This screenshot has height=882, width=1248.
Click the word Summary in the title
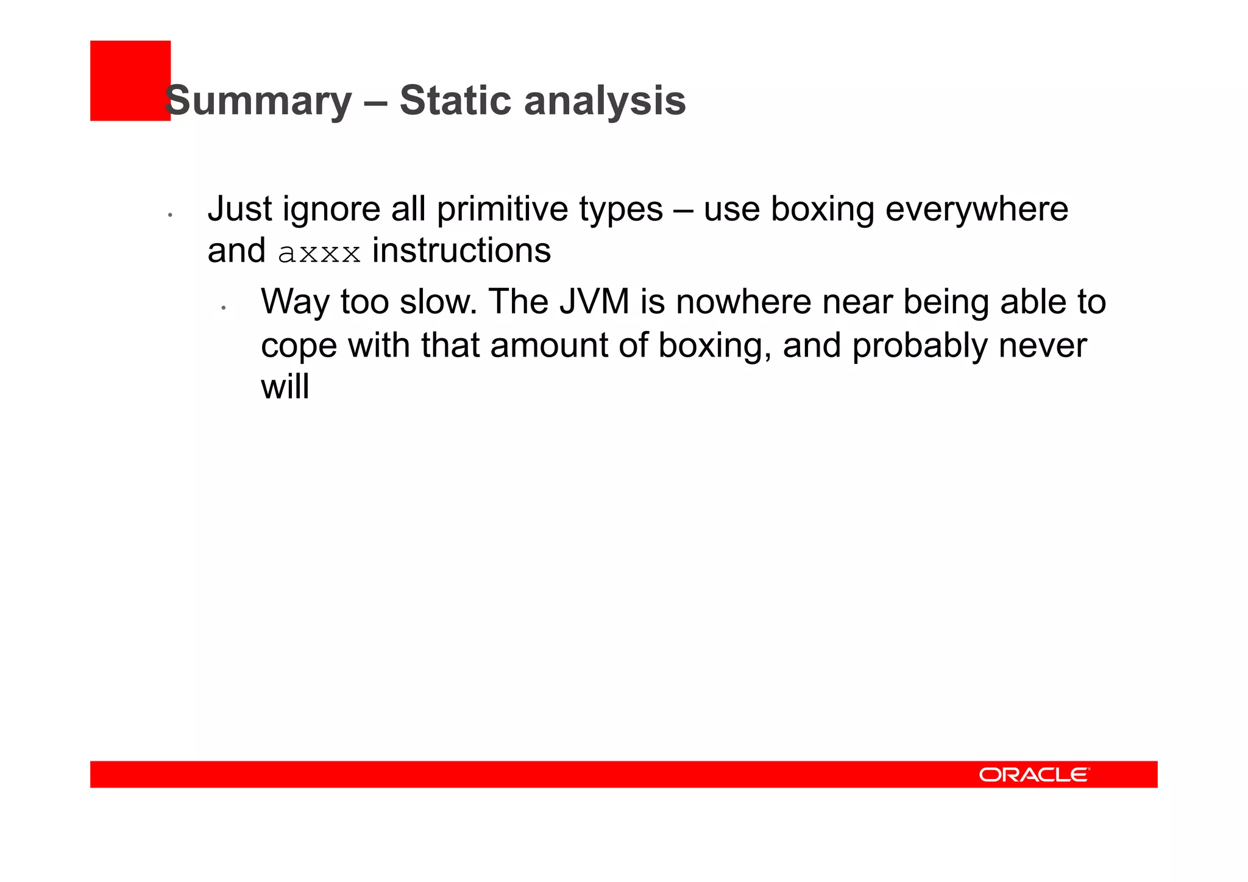point(258,101)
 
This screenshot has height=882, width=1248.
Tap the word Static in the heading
point(455,101)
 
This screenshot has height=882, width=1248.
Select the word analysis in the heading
point(604,101)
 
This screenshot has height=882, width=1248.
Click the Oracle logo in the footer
point(1034,774)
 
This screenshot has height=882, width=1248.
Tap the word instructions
point(461,251)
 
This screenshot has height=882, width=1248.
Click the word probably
point(918,346)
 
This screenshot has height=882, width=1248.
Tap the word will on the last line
point(285,386)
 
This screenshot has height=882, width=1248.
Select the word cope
point(299,346)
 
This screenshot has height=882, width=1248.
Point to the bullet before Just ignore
point(171,215)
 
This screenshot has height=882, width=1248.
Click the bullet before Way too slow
point(224,308)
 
